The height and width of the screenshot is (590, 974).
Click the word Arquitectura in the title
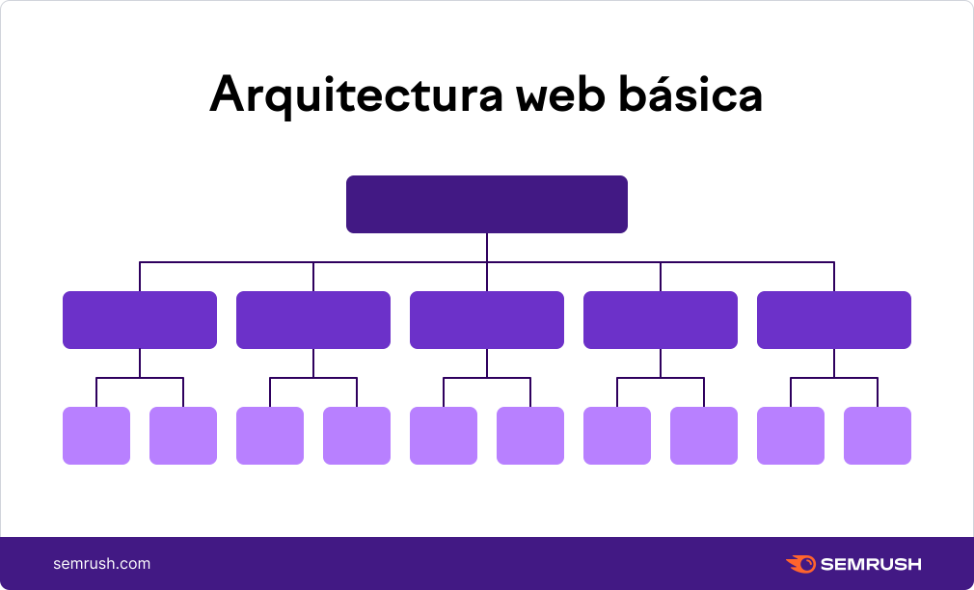click(355, 95)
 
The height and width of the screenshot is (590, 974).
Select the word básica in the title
click(690, 94)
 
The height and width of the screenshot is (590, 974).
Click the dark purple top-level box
click(487, 204)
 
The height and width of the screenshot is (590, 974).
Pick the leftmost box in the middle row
click(140, 320)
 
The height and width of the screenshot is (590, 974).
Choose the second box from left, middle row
click(313, 320)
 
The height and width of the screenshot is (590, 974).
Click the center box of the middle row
click(487, 320)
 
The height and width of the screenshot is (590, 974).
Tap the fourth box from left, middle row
click(661, 320)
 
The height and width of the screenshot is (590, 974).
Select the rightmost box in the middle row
click(834, 320)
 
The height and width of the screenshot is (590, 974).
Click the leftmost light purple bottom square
click(96, 436)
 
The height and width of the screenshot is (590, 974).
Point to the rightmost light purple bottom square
click(878, 436)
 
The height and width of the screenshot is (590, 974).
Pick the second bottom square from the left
click(183, 436)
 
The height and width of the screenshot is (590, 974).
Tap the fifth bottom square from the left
click(444, 436)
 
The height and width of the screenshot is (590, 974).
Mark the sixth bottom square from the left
click(530, 436)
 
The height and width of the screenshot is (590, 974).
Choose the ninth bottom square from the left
click(791, 436)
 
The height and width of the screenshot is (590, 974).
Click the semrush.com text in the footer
click(102, 564)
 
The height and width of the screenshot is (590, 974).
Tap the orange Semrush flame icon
click(801, 564)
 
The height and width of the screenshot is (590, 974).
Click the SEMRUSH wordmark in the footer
click(871, 564)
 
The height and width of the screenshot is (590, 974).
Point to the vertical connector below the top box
click(487, 248)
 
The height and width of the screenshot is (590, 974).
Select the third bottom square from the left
click(270, 436)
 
